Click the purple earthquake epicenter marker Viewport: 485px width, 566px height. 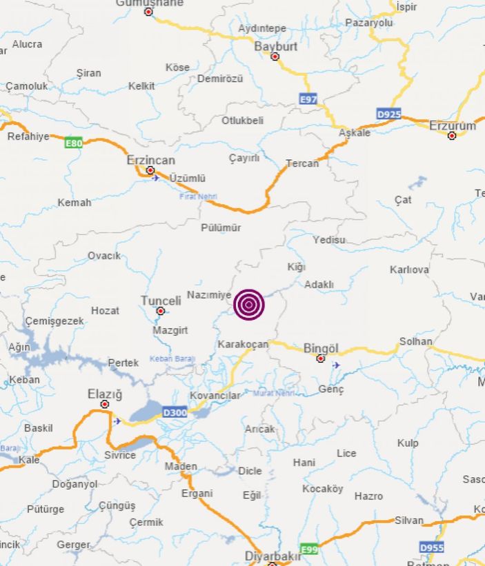[248, 305]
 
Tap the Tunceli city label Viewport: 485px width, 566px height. [161, 301]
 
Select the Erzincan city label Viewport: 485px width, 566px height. [150, 160]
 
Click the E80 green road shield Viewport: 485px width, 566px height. [73, 143]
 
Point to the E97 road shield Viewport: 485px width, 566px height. [308, 100]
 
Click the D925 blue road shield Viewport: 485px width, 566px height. [388, 113]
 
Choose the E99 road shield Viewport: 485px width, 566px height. [310, 549]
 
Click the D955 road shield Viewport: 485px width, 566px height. [433, 547]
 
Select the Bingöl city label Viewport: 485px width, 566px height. [321, 348]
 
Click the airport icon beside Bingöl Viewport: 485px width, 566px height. [336, 365]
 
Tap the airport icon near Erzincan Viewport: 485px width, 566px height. [156, 178]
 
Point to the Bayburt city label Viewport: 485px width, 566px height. [275, 47]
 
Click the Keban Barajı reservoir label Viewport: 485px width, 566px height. [172, 359]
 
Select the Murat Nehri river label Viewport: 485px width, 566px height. [274, 393]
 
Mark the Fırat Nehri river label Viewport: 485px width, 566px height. [198, 196]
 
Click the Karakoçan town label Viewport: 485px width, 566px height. [242, 344]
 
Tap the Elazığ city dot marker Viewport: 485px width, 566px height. [105, 404]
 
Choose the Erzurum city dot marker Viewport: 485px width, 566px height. [452, 136]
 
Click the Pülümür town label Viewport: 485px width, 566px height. [221, 228]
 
